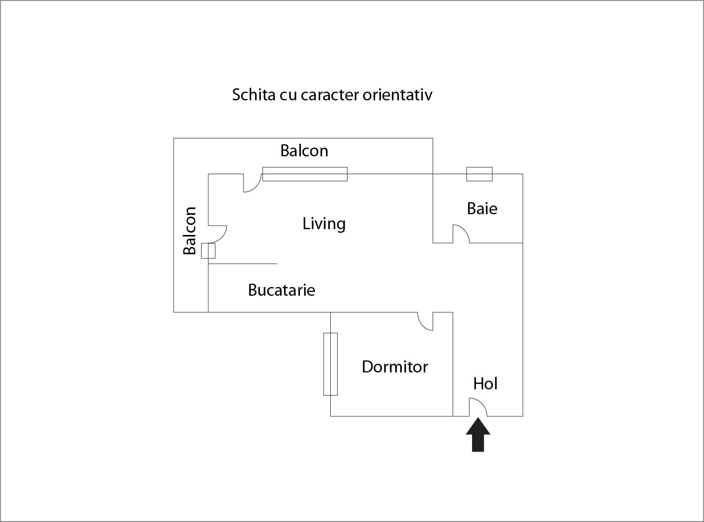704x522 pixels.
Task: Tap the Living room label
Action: tap(324, 224)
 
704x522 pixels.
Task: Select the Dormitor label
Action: tap(394, 367)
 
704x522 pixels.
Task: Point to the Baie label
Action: tap(482, 208)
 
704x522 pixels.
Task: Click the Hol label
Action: tap(485, 384)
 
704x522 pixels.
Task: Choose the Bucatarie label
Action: tap(282, 290)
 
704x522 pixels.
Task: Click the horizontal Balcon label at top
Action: tap(304, 151)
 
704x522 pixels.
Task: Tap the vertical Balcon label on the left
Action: tap(190, 231)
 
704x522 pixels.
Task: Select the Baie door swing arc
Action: tap(461, 234)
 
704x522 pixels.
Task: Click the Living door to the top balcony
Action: tap(252, 183)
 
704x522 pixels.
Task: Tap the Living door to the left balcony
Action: tap(217, 234)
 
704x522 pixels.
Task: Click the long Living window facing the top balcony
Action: tap(305, 174)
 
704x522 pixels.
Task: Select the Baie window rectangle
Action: tap(479, 174)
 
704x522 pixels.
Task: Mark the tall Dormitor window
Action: tap(330, 364)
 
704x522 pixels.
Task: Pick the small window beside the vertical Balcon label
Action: tap(208, 251)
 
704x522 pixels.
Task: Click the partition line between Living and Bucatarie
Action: tap(243, 264)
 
